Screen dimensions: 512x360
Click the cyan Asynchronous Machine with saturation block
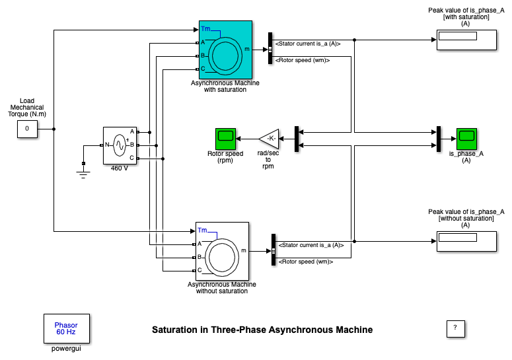(x=225, y=50)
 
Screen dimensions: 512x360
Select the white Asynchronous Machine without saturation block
(x=222, y=251)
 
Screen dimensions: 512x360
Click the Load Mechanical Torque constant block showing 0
(x=28, y=129)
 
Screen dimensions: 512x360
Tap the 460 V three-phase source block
(x=120, y=145)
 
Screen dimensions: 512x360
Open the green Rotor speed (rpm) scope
(x=225, y=139)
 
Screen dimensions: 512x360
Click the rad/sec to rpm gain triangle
(x=269, y=139)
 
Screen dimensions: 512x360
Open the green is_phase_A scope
(x=466, y=139)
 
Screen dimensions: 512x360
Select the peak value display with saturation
(x=466, y=40)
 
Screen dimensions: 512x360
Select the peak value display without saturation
(x=466, y=242)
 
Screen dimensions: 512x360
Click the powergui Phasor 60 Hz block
(x=67, y=329)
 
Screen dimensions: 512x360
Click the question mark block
(x=455, y=329)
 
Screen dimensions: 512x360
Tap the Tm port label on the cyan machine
(x=205, y=28)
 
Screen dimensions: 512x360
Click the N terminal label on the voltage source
(x=107, y=145)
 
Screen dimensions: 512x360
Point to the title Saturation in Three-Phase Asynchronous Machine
(x=262, y=330)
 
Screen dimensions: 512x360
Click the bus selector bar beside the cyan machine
(x=270, y=48)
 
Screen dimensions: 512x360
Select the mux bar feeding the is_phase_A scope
(x=439, y=139)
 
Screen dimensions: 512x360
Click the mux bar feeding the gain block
(x=297, y=139)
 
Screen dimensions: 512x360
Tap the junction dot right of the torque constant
(x=54, y=129)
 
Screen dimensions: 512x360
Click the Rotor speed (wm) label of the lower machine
(x=306, y=262)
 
